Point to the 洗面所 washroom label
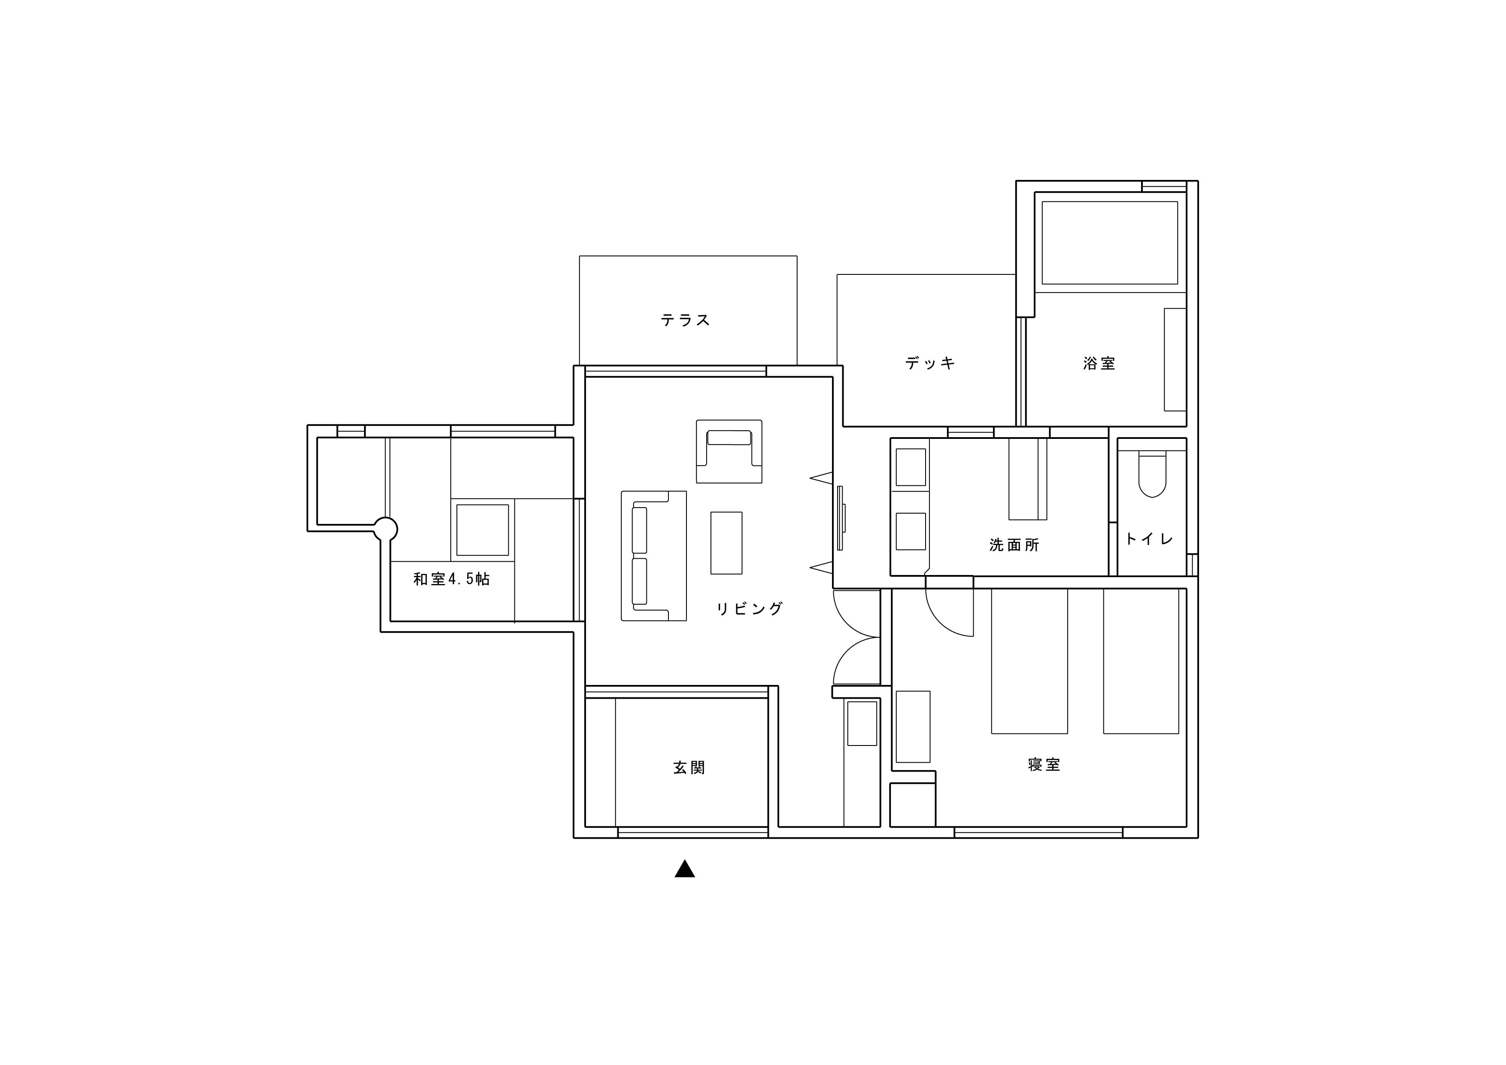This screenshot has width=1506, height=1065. pos(1014,545)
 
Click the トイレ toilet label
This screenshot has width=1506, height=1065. pos(1149,539)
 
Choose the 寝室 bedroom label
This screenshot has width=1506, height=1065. pos(1044,764)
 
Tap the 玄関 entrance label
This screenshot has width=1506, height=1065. pos(689,768)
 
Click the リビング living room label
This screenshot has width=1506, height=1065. pos(750,609)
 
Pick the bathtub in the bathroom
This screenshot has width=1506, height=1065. pos(1110,243)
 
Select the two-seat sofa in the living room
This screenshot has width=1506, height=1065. pos(654,556)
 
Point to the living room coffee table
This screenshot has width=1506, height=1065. pos(726,543)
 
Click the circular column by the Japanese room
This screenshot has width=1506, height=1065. pos(385,529)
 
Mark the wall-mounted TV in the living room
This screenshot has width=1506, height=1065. pos(841,518)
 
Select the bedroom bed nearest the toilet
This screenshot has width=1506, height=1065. pos(1142,661)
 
